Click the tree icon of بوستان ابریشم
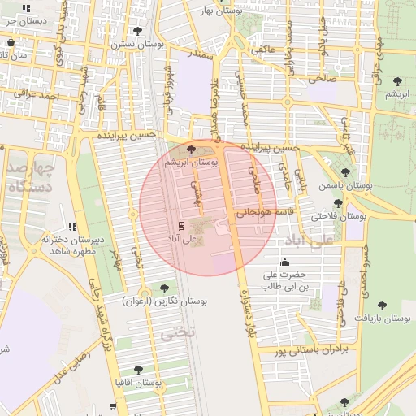[x=191, y=149]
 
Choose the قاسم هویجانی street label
[x=262, y=212]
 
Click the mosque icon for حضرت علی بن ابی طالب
[x=284, y=262]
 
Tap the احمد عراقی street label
[x=42, y=97]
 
